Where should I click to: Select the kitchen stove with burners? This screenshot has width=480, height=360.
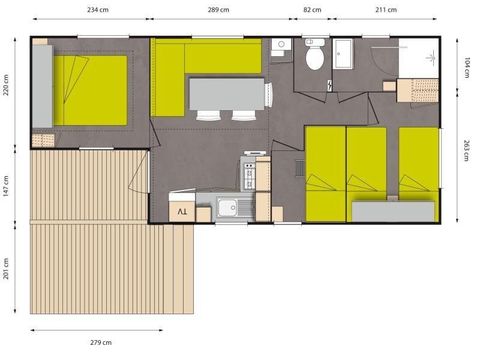(x=250, y=174)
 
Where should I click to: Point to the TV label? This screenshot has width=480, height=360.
(x=182, y=211)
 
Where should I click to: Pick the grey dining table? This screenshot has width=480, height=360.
(x=227, y=93)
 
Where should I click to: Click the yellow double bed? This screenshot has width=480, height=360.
(x=90, y=88)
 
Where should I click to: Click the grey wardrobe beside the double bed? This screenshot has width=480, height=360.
(x=41, y=85)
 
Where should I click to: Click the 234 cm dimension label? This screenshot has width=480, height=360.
(x=98, y=9)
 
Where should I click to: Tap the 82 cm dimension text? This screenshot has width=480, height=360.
(x=312, y=9)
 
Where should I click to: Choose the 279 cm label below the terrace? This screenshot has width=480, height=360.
(x=101, y=343)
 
